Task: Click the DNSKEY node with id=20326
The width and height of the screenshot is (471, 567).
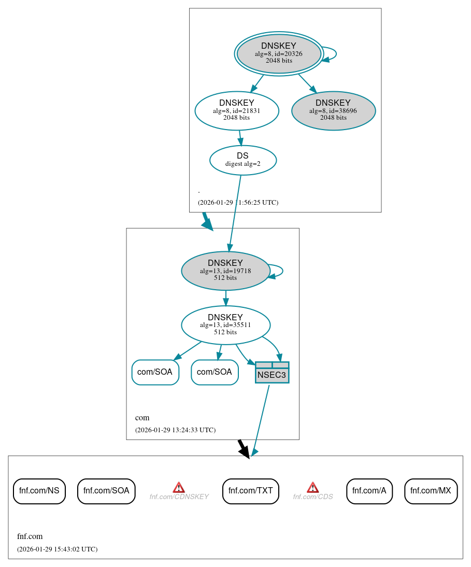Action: tap(279, 53)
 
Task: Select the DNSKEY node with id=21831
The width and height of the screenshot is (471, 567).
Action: tap(237, 110)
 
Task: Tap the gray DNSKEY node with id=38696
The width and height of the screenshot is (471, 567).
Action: tap(333, 110)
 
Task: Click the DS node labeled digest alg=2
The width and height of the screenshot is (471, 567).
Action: tap(242, 160)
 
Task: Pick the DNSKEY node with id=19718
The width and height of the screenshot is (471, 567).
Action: tap(225, 271)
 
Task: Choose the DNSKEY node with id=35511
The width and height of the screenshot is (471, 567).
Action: tap(225, 325)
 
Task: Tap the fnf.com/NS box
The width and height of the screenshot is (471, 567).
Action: tap(39, 491)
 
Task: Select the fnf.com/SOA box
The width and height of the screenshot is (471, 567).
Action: tap(106, 491)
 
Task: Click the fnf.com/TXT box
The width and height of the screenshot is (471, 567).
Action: tap(251, 491)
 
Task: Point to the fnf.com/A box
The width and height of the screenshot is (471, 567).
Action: tap(369, 491)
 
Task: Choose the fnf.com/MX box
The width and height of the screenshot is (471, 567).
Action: tap(431, 491)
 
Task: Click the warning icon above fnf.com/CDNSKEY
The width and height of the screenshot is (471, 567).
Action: tap(179, 487)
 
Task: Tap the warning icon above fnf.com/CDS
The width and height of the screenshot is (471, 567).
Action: tap(312, 487)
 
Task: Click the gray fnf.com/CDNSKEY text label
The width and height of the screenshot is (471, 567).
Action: tap(179, 497)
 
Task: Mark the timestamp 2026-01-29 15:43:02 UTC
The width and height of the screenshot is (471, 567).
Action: tap(57, 549)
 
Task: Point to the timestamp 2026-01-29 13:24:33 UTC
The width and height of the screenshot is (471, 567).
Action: tap(175, 430)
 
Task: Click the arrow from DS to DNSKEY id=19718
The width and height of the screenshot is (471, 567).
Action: tap(235, 212)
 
